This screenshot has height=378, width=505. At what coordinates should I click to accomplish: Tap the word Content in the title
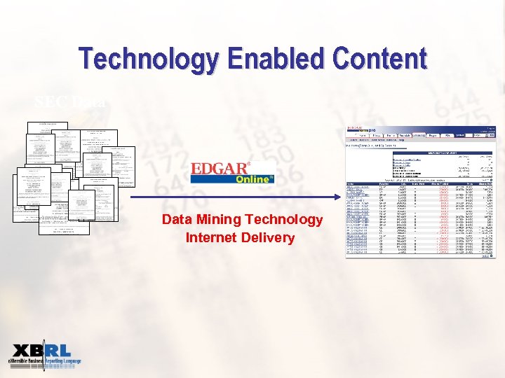coord(375,59)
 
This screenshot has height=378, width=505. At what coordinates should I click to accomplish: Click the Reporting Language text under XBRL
coord(64,362)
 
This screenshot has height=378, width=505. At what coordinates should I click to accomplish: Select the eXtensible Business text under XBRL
coord(27,362)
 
